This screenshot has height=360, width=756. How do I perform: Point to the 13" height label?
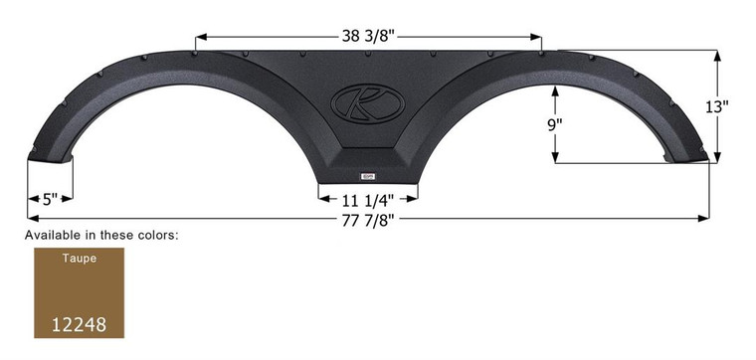[x=733, y=105]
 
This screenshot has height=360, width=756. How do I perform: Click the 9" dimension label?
[x=554, y=123]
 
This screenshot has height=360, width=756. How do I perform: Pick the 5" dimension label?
[x=51, y=198]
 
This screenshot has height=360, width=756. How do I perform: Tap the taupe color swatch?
[x=79, y=292]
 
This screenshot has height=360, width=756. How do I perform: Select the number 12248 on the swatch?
[x=79, y=324]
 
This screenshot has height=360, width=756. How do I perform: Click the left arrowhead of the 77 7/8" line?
[x=30, y=216]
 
